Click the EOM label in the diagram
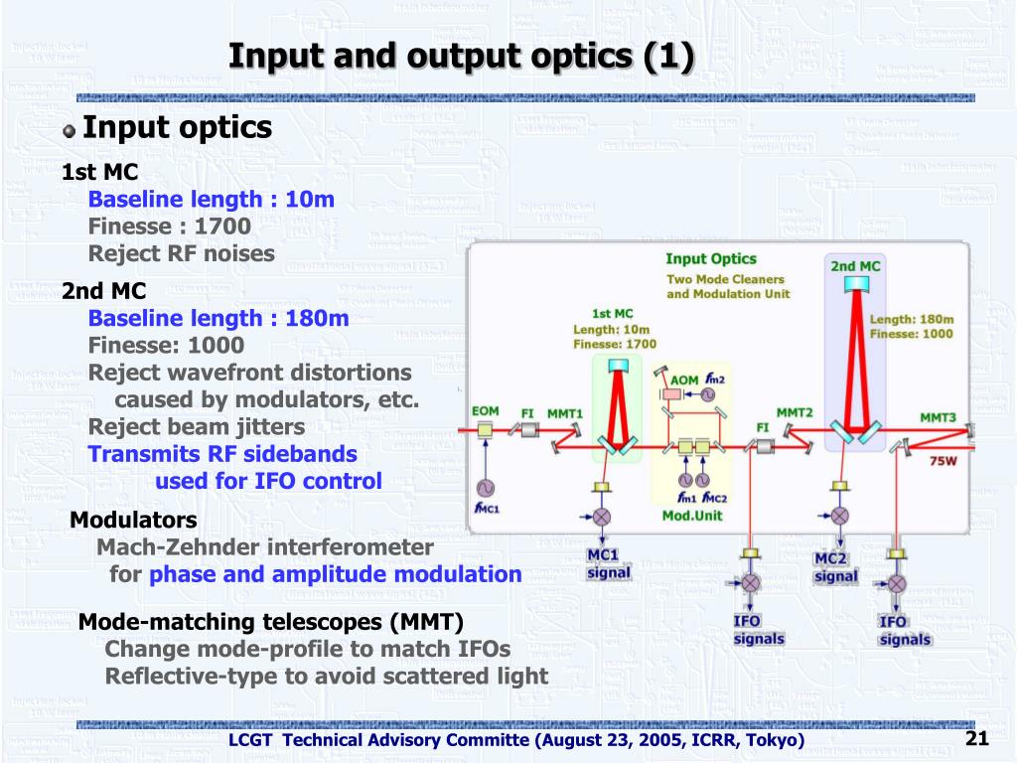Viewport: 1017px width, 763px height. (x=485, y=411)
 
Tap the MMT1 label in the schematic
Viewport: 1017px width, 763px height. (x=565, y=412)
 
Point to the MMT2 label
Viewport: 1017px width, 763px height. (x=795, y=411)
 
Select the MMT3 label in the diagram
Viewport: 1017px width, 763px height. (x=937, y=417)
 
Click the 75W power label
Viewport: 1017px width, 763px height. (x=943, y=462)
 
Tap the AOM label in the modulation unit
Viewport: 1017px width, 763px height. (x=684, y=380)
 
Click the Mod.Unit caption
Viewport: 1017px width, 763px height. (x=692, y=516)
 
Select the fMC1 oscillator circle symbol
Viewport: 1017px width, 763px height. (x=486, y=487)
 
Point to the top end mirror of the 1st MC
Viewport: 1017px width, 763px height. (x=617, y=364)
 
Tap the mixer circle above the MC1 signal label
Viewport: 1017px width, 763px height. (x=602, y=516)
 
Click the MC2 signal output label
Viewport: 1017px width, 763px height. (x=835, y=567)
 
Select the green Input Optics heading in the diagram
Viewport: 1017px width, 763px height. (x=710, y=259)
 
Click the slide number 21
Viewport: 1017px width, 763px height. (x=976, y=738)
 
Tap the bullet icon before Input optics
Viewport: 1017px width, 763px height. (x=69, y=130)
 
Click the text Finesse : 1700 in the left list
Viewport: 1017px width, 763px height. (x=169, y=227)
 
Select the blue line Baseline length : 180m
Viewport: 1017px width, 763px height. (x=218, y=319)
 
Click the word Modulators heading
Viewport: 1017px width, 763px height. (x=133, y=521)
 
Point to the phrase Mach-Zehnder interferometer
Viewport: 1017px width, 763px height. (x=265, y=547)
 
